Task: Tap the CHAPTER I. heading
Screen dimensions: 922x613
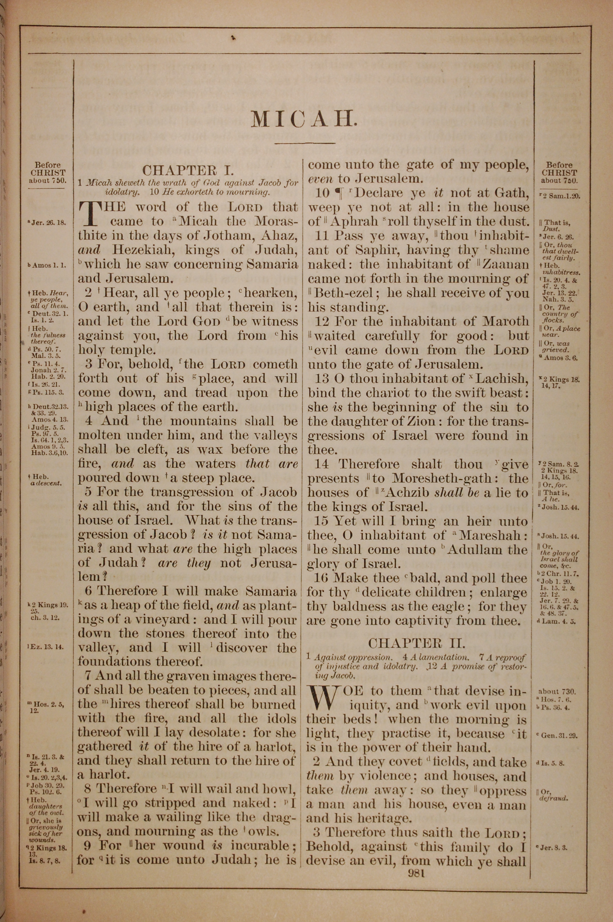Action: pos(188,171)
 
